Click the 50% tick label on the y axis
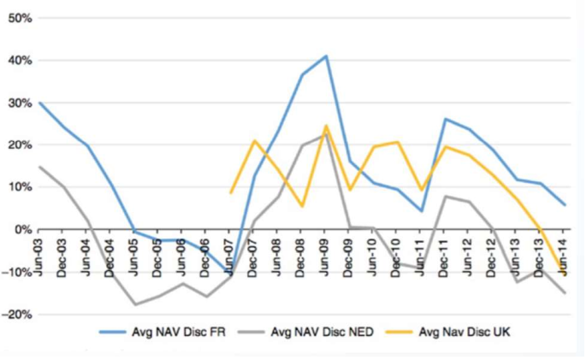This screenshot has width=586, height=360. (21, 18)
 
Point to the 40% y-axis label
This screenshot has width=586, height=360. (21, 60)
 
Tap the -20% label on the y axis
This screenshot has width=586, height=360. (17, 315)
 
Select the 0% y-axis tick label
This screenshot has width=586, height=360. (24, 229)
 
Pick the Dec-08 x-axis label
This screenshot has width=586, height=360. (300, 255)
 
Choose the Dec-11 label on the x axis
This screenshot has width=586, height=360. (443, 255)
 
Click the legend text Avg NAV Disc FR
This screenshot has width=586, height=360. (179, 332)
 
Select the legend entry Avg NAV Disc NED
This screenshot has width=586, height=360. (323, 332)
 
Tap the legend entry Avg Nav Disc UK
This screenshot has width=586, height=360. (465, 332)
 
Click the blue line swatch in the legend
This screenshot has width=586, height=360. (112, 332)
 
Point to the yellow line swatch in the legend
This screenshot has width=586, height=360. (400, 332)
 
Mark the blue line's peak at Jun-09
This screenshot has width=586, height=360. (326, 56)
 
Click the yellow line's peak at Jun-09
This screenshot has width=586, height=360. (326, 126)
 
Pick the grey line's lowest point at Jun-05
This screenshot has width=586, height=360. (134, 304)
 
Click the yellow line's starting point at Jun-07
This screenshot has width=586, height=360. (231, 193)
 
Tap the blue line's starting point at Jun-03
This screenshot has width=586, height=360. (38, 103)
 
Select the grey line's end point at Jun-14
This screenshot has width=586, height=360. (565, 293)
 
